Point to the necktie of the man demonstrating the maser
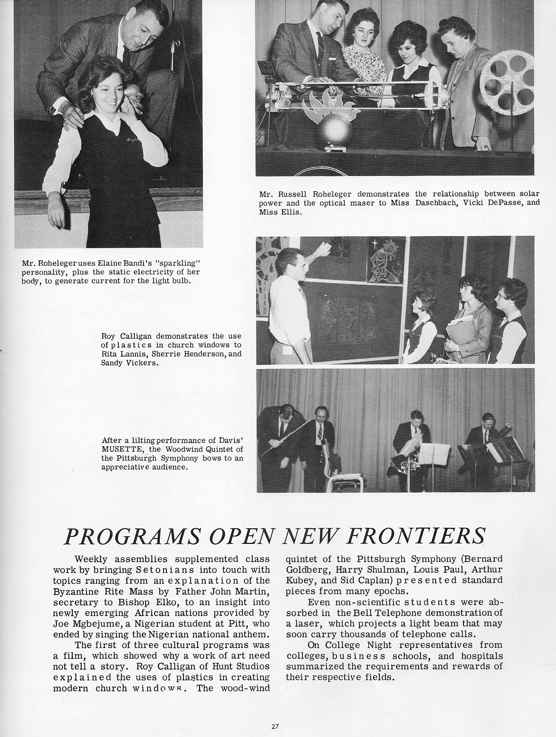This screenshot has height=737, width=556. pos(320,45)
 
